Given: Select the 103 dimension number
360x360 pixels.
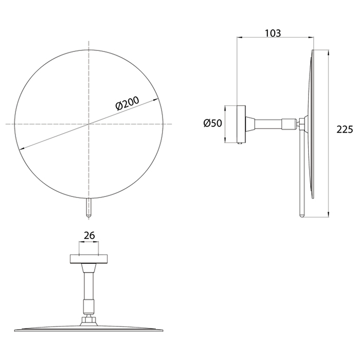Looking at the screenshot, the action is pyautogui.click(x=273, y=33).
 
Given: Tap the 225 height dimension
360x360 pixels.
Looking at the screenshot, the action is pyautogui.click(x=345, y=130).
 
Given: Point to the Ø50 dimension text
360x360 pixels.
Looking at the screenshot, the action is pyautogui.click(x=212, y=123).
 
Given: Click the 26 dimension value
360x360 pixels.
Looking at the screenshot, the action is pyautogui.click(x=89, y=236).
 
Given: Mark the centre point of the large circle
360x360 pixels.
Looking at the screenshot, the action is pyautogui.click(x=89, y=124).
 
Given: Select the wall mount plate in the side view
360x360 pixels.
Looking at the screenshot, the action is pyautogui.click(x=241, y=124).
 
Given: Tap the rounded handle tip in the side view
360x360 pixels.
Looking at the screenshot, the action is pyautogui.click(x=302, y=215).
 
